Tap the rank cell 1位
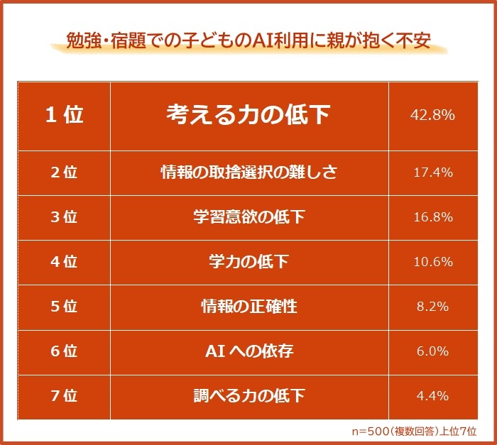pyautogui.click(x=64, y=116)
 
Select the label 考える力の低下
pyautogui.click(x=248, y=115)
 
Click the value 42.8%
pyautogui.click(x=432, y=115)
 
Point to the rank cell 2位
pyautogui.click(x=64, y=172)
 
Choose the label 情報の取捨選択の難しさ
pyautogui.click(x=248, y=172)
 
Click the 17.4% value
pyautogui.click(x=432, y=172)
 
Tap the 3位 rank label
pyautogui.click(x=64, y=217)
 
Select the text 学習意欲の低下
pyautogui.click(x=248, y=217)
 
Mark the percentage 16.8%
pyautogui.click(x=432, y=217)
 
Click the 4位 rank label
pyautogui.click(x=64, y=262)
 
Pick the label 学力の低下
pyautogui.click(x=248, y=262)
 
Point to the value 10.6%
pyautogui.click(x=432, y=262)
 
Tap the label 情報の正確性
pyautogui.click(x=248, y=307)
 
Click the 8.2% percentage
pyautogui.click(x=432, y=307)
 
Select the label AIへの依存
pyautogui.click(x=248, y=351)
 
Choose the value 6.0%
pyautogui.click(x=432, y=351)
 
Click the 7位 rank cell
pyautogui.click(x=64, y=396)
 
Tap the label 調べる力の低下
pyautogui.click(x=248, y=396)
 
